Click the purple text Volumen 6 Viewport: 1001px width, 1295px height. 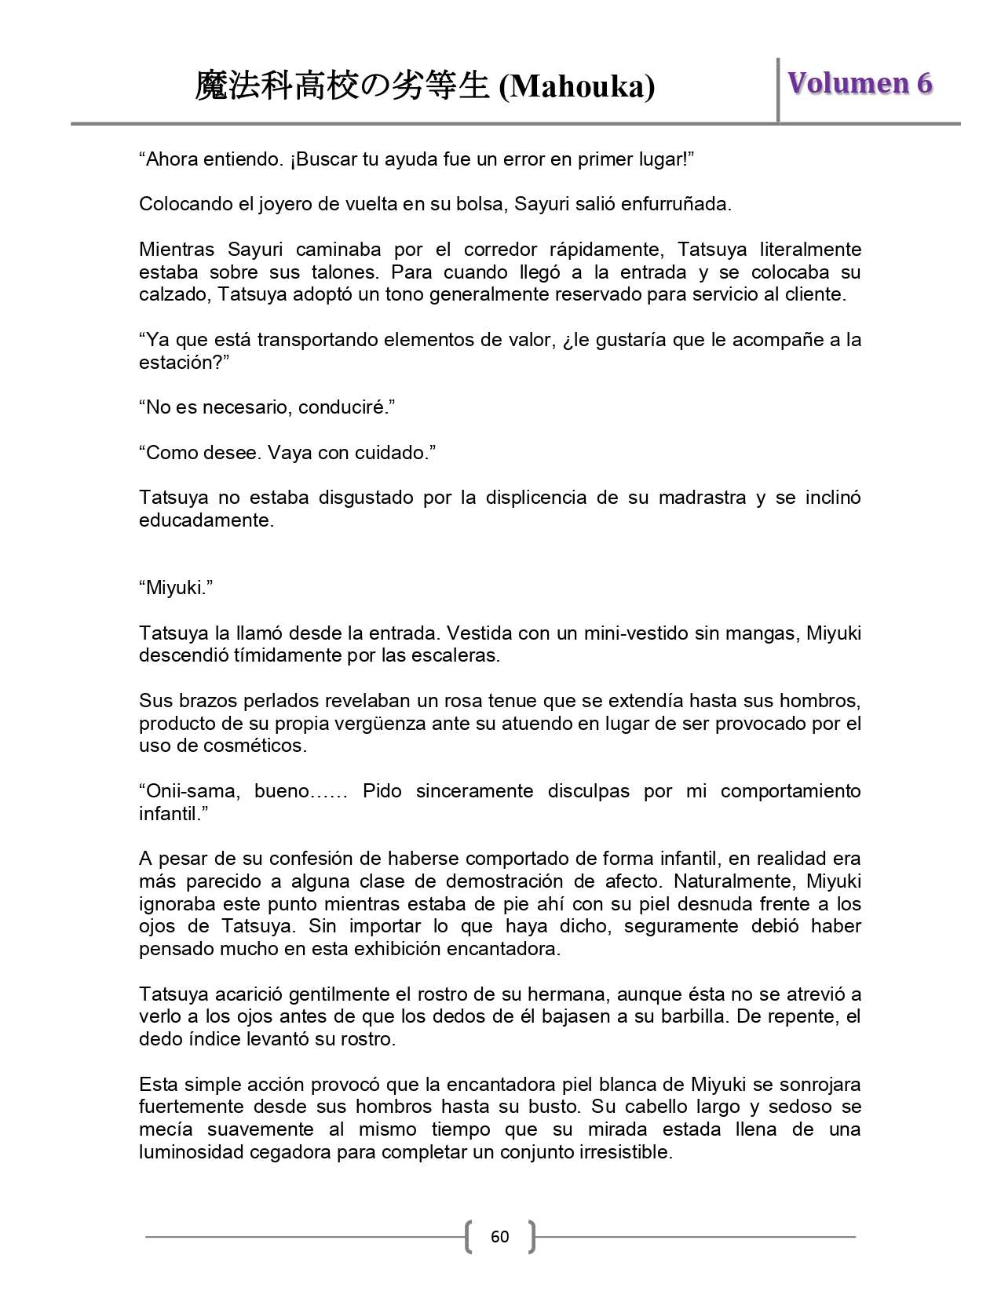(860, 83)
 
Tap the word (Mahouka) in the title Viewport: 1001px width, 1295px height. (577, 87)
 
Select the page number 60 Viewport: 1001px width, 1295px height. (499, 1238)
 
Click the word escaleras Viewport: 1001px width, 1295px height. (459, 655)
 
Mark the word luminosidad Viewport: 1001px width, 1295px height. (192, 1152)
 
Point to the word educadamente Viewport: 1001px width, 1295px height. (206, 520)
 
